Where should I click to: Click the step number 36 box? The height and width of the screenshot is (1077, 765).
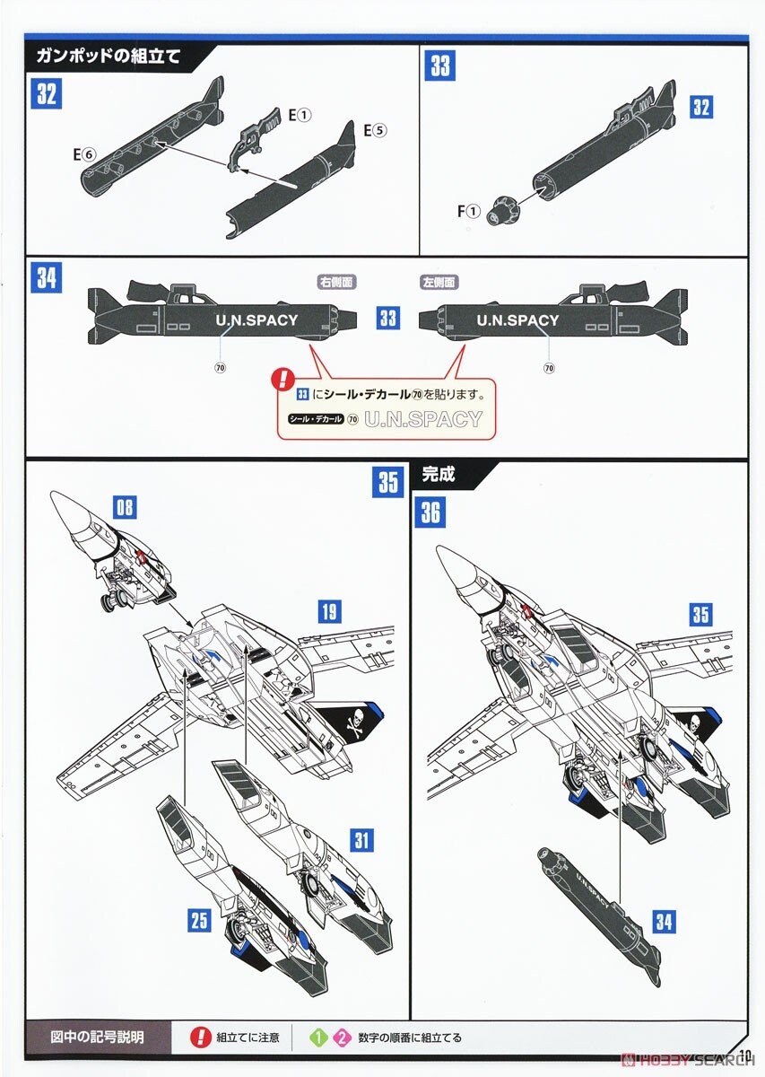(x=430, y=512)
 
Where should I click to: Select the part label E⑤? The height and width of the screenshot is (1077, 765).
(x=374, y=129)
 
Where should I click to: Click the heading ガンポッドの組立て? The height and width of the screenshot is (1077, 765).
(x=109, y=57)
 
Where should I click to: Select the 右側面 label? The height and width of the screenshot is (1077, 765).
(x=336, y=282)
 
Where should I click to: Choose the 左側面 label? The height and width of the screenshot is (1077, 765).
(x=439, y=282)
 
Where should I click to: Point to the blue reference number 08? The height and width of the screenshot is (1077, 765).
(x=126, y=507)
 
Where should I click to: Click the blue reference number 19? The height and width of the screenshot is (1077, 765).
(x=328, y=612)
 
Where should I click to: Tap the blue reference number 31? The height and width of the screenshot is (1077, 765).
(x=361, y=840)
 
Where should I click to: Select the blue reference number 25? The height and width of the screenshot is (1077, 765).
(x=200, y=918)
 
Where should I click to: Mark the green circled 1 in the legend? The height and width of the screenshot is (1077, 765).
(x=316, y=1038)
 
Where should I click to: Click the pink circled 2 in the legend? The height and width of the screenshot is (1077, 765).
(x=341, y=1038)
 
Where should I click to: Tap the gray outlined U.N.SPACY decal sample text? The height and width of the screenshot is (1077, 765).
(x=423, y=419)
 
